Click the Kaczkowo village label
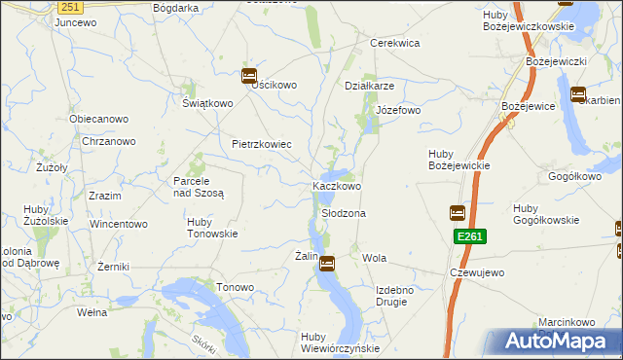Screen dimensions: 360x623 tap(337, 186)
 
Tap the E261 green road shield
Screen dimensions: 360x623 tap(468, 236)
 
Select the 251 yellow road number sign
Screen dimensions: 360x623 tap(68, 7)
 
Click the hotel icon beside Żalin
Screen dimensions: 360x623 tap(328, 262)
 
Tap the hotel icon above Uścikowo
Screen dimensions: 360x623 tap(248, 75)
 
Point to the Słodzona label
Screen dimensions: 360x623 tap(344, 213)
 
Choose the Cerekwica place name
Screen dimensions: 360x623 tap(394, 43)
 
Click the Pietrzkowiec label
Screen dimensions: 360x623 tap(262, 144)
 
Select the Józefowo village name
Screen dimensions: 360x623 tap(398, 110)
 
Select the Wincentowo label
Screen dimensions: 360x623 tap(119, 224)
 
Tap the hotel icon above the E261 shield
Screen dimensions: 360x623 tap(457, 213)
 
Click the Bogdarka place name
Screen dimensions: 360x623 tap(175, 7)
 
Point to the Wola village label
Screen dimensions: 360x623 tap(375, 258)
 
